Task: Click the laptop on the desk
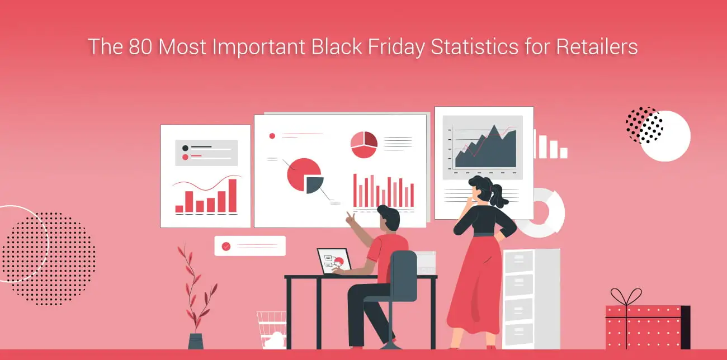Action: click(334, 261)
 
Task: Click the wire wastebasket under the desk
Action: click(271, 330)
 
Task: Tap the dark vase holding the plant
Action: click(196, 341)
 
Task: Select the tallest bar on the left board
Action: click(232, 196)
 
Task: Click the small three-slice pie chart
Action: click(363, 145)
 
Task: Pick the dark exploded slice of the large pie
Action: click(315, 184)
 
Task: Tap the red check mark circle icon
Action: click(226, 246)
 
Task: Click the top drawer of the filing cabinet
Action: click(519, 260)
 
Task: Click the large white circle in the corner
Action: click(665, 136)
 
